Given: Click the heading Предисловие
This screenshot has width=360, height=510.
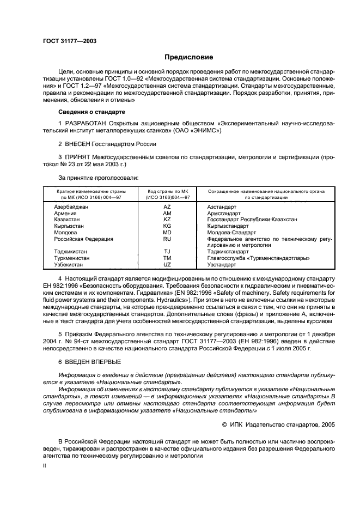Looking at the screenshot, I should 189,57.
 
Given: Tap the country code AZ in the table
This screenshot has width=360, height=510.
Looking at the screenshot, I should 167,208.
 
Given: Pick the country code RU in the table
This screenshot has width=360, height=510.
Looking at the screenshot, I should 167,239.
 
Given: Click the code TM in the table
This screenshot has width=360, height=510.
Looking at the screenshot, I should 167,258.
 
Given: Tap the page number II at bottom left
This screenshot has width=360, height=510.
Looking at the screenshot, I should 45,466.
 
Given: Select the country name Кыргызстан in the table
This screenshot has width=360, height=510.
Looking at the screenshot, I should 69,226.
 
